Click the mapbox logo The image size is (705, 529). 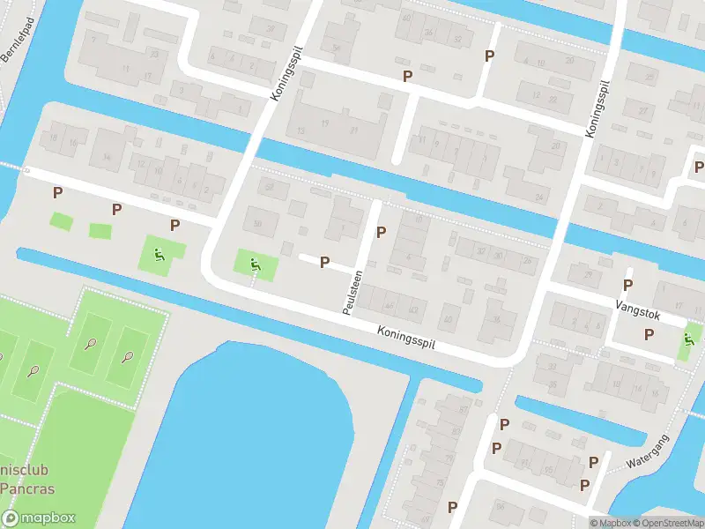coord(39,518)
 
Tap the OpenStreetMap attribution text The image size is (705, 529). coord(667,523)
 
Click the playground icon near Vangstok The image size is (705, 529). coord(689,339)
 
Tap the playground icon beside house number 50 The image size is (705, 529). coord(255,263)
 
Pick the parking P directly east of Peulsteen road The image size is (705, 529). coord(381,233)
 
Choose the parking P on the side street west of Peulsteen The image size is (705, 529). coord(324,262)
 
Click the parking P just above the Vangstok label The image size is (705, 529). coord(627,285)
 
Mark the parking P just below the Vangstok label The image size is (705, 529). coord(649,334)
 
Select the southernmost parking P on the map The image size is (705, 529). coord(452,507)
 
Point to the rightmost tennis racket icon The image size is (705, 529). coord(128,358)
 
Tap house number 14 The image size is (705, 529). coord(108,158)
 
